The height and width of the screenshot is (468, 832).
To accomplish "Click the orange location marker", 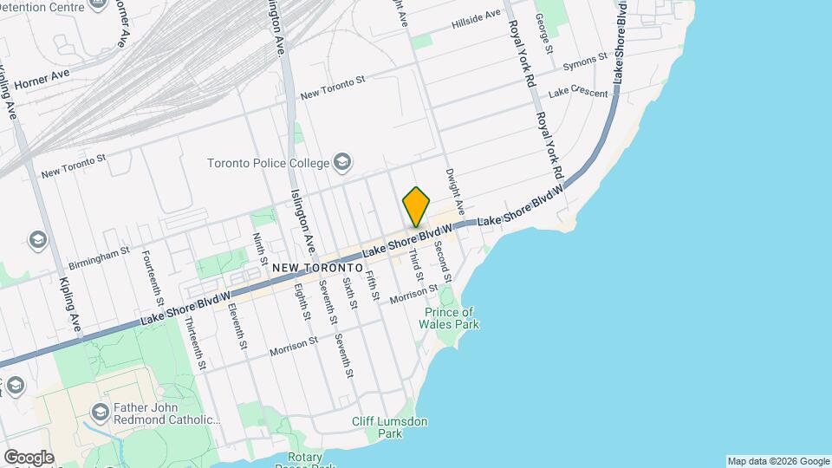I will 417,206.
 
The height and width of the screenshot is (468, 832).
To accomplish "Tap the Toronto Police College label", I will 269,163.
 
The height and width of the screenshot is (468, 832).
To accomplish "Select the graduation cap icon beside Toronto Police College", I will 343,162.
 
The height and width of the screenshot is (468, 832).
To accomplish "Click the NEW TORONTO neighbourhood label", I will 316,269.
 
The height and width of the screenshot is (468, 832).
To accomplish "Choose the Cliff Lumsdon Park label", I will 390,427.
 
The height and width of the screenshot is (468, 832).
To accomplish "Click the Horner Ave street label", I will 41,77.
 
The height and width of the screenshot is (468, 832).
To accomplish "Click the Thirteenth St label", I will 195,343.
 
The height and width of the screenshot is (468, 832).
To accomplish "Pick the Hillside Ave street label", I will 476,20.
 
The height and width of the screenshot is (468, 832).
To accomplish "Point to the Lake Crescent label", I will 578,92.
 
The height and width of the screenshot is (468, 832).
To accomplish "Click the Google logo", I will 29,458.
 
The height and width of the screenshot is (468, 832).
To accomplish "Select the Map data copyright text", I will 777,461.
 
